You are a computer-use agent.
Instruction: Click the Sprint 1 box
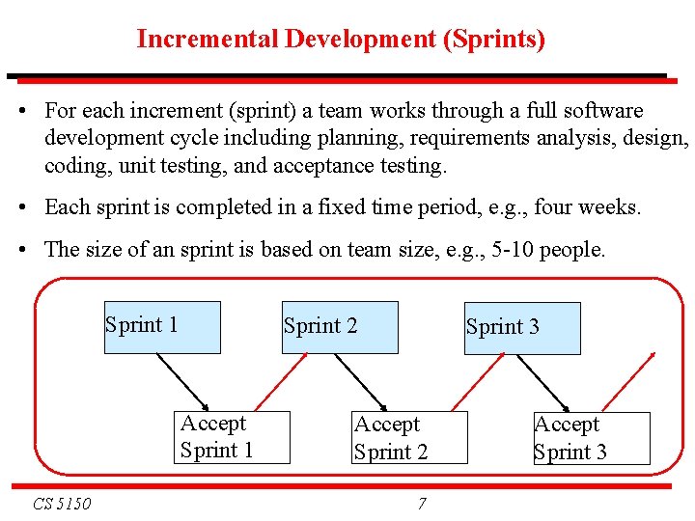162,327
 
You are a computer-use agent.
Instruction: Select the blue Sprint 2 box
340,327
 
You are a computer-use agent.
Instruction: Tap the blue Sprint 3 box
522,328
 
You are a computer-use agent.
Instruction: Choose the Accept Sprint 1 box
232,437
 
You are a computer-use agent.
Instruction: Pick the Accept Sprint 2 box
409,438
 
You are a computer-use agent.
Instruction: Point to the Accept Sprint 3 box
592,438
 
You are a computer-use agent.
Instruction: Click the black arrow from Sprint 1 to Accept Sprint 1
182,382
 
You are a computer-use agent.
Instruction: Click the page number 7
422,504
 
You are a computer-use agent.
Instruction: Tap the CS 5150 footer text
62,504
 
